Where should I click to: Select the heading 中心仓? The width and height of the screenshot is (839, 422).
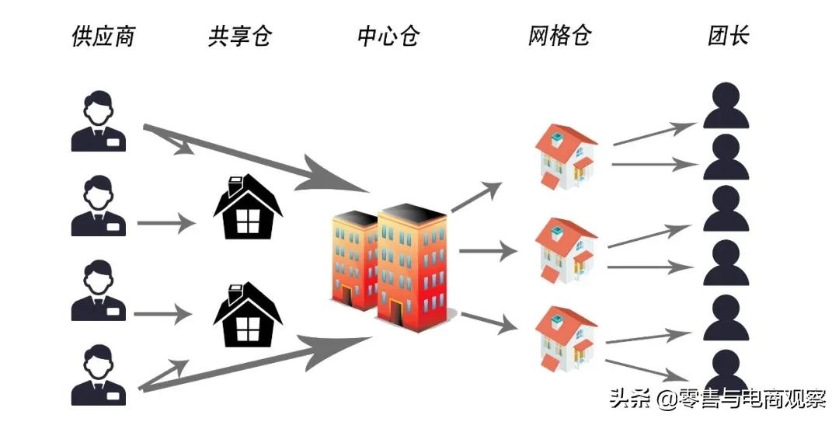388,36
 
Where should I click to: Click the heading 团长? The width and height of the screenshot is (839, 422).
729,36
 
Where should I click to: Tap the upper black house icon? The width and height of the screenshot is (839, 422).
247,206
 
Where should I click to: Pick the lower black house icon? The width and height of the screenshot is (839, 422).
247,314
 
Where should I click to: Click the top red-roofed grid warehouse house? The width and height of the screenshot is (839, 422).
566,155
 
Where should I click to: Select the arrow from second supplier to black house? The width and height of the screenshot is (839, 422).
165,224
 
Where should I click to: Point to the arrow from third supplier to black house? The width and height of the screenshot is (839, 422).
162,314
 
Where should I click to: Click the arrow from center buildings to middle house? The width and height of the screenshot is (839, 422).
488,250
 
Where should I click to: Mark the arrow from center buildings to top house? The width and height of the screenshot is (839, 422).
476,197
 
